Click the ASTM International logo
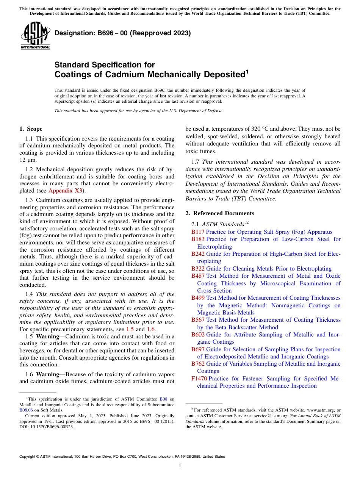coord(35,36)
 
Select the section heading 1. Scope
coord(31,129)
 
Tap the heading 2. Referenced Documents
coord(220,213)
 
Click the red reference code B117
coord(198,232)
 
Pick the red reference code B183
coord(198,239)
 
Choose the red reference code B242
coord(198,254)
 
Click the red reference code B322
coord(198,269)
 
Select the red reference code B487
coord(198,276)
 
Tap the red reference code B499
coord(198,298)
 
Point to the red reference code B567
coord(198,320)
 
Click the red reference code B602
coord(198,335)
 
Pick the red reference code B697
coord(198,349)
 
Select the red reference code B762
coord(198,364)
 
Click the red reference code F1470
coord(199,379)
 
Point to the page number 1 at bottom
coord(180,465)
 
